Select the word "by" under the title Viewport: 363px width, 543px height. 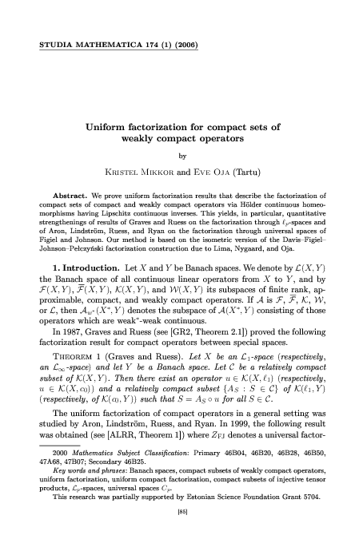(181, 157)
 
